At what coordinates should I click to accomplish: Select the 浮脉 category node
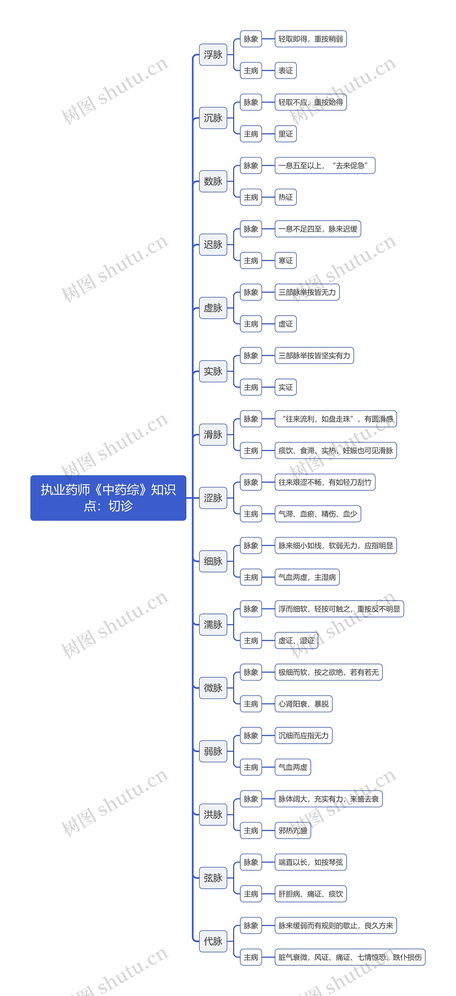pos(213,54)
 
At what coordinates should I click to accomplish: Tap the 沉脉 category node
pos(213,118)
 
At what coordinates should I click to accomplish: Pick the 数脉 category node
pos(213,181)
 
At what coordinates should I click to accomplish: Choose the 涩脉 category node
pos(213,498)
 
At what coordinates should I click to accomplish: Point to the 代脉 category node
pos(213,941)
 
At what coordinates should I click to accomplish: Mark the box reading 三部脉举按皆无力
pos(307,292)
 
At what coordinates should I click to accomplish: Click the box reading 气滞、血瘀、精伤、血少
pos(317,514)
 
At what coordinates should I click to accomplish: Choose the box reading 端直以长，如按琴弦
pos(310,862)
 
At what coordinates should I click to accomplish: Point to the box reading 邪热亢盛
pos(293,831)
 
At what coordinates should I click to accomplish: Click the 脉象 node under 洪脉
pos(251,799)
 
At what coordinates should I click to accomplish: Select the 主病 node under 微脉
pos(251,704)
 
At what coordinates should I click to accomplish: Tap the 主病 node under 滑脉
pos(251,450)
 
